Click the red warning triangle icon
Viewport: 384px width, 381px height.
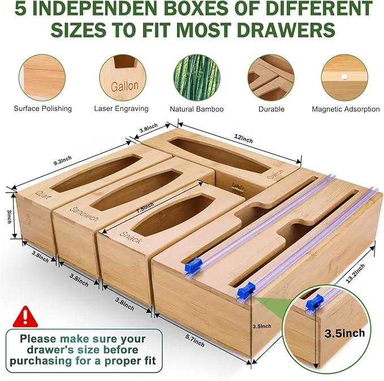pos(25,317)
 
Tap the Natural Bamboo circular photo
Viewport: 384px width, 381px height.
pos(197,78)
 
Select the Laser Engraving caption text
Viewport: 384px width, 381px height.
pos(121,109)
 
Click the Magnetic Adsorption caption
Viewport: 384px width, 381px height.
pos(346,109)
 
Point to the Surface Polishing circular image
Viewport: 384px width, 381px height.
pos(42,78)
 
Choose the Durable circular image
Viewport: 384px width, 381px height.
pos(271,78)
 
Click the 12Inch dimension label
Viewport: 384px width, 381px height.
pos(243,139)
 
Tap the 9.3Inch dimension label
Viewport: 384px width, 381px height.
pos(62,160)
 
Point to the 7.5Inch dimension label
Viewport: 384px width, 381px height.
pos(145,207)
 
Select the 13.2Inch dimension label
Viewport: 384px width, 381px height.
pos(356,273)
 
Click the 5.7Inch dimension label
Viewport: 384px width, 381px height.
pos(195,341)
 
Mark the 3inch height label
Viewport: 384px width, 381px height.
pos(9,216)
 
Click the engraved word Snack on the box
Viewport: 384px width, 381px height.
pos(131,237)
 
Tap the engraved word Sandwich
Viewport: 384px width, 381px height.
pos(84,213)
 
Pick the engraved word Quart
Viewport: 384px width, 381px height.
pos(44,194)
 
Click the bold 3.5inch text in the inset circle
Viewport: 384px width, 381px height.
pos(345,333)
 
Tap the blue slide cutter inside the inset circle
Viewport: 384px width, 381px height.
pos(314,301)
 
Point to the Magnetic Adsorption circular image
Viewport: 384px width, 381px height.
pos(344,78)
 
